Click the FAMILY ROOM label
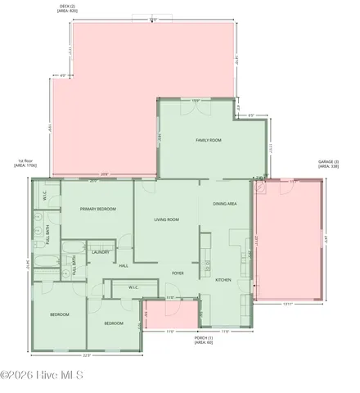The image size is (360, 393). coord(209,141)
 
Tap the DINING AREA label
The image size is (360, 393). coord(225,203)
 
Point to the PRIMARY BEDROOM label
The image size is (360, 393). coord(97,210)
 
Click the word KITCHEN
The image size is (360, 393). coord(223,280)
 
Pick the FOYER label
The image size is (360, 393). coord(178,273)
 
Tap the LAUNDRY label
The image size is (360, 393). coord(101,252)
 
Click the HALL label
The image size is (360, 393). coord(124,265)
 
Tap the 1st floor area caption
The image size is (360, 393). coord(25,163)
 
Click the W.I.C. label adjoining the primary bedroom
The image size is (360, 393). coord(44,196)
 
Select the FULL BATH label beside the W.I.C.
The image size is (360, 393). coord(49,236)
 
